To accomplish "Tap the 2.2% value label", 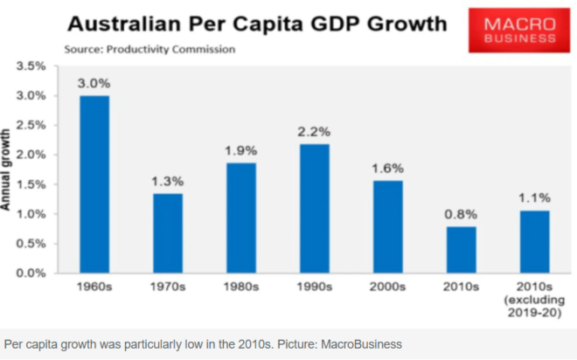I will (313, 132).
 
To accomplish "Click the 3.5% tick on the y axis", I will (31, 66).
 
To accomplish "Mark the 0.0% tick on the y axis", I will (31, 273).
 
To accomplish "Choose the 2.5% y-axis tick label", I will (31, 125).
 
